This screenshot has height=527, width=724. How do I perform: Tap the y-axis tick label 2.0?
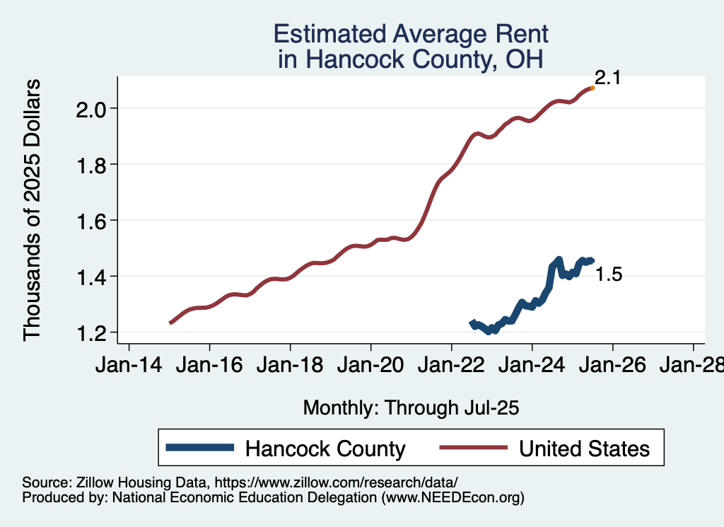91,109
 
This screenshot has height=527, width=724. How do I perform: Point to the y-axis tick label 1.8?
91,165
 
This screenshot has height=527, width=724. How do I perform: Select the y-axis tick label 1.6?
91,221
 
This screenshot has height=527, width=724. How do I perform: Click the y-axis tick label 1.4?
91,277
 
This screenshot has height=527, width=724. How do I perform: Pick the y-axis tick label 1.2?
91,332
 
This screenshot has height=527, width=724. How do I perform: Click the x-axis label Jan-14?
129,366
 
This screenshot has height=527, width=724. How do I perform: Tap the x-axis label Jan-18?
290,366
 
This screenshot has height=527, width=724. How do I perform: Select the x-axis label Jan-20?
370,366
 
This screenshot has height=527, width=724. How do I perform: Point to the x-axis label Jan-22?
451,366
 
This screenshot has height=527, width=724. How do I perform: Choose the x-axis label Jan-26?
612,366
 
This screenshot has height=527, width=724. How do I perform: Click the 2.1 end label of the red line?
607,79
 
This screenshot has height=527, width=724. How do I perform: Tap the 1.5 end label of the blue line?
609,275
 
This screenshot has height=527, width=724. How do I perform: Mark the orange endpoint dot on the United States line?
592,88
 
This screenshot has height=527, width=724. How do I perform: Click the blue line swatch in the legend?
199,447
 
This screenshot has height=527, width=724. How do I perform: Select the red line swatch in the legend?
473,447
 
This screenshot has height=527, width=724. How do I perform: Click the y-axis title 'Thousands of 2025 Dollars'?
33,210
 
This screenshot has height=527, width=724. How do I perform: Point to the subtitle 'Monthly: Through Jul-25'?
411,407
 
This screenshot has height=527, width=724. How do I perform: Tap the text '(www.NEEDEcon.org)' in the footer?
453,497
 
